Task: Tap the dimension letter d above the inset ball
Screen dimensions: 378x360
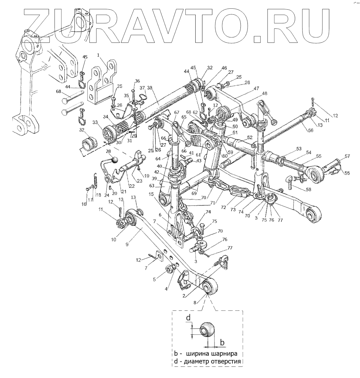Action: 189,318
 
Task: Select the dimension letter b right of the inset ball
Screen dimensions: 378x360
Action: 222,343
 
